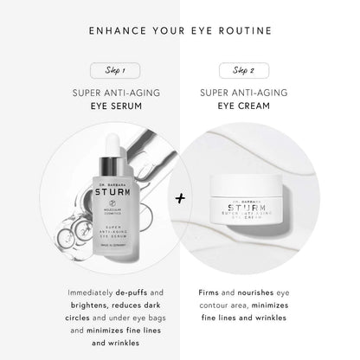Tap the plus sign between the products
click(x=180, y=197)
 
